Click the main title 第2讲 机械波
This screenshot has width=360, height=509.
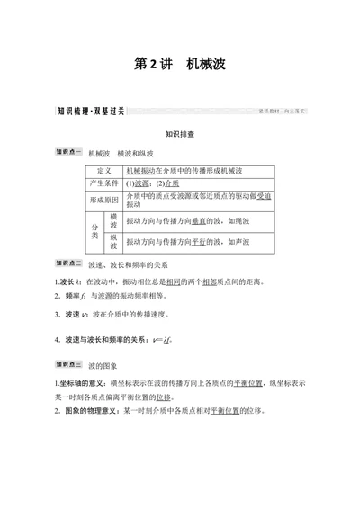180,65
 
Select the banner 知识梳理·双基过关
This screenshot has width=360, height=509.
91,112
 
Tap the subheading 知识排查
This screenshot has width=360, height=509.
180,132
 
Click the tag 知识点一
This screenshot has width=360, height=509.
68,152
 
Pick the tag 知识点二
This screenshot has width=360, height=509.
68,264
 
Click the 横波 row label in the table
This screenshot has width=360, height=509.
113,221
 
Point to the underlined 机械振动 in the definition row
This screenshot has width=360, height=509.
140,170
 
